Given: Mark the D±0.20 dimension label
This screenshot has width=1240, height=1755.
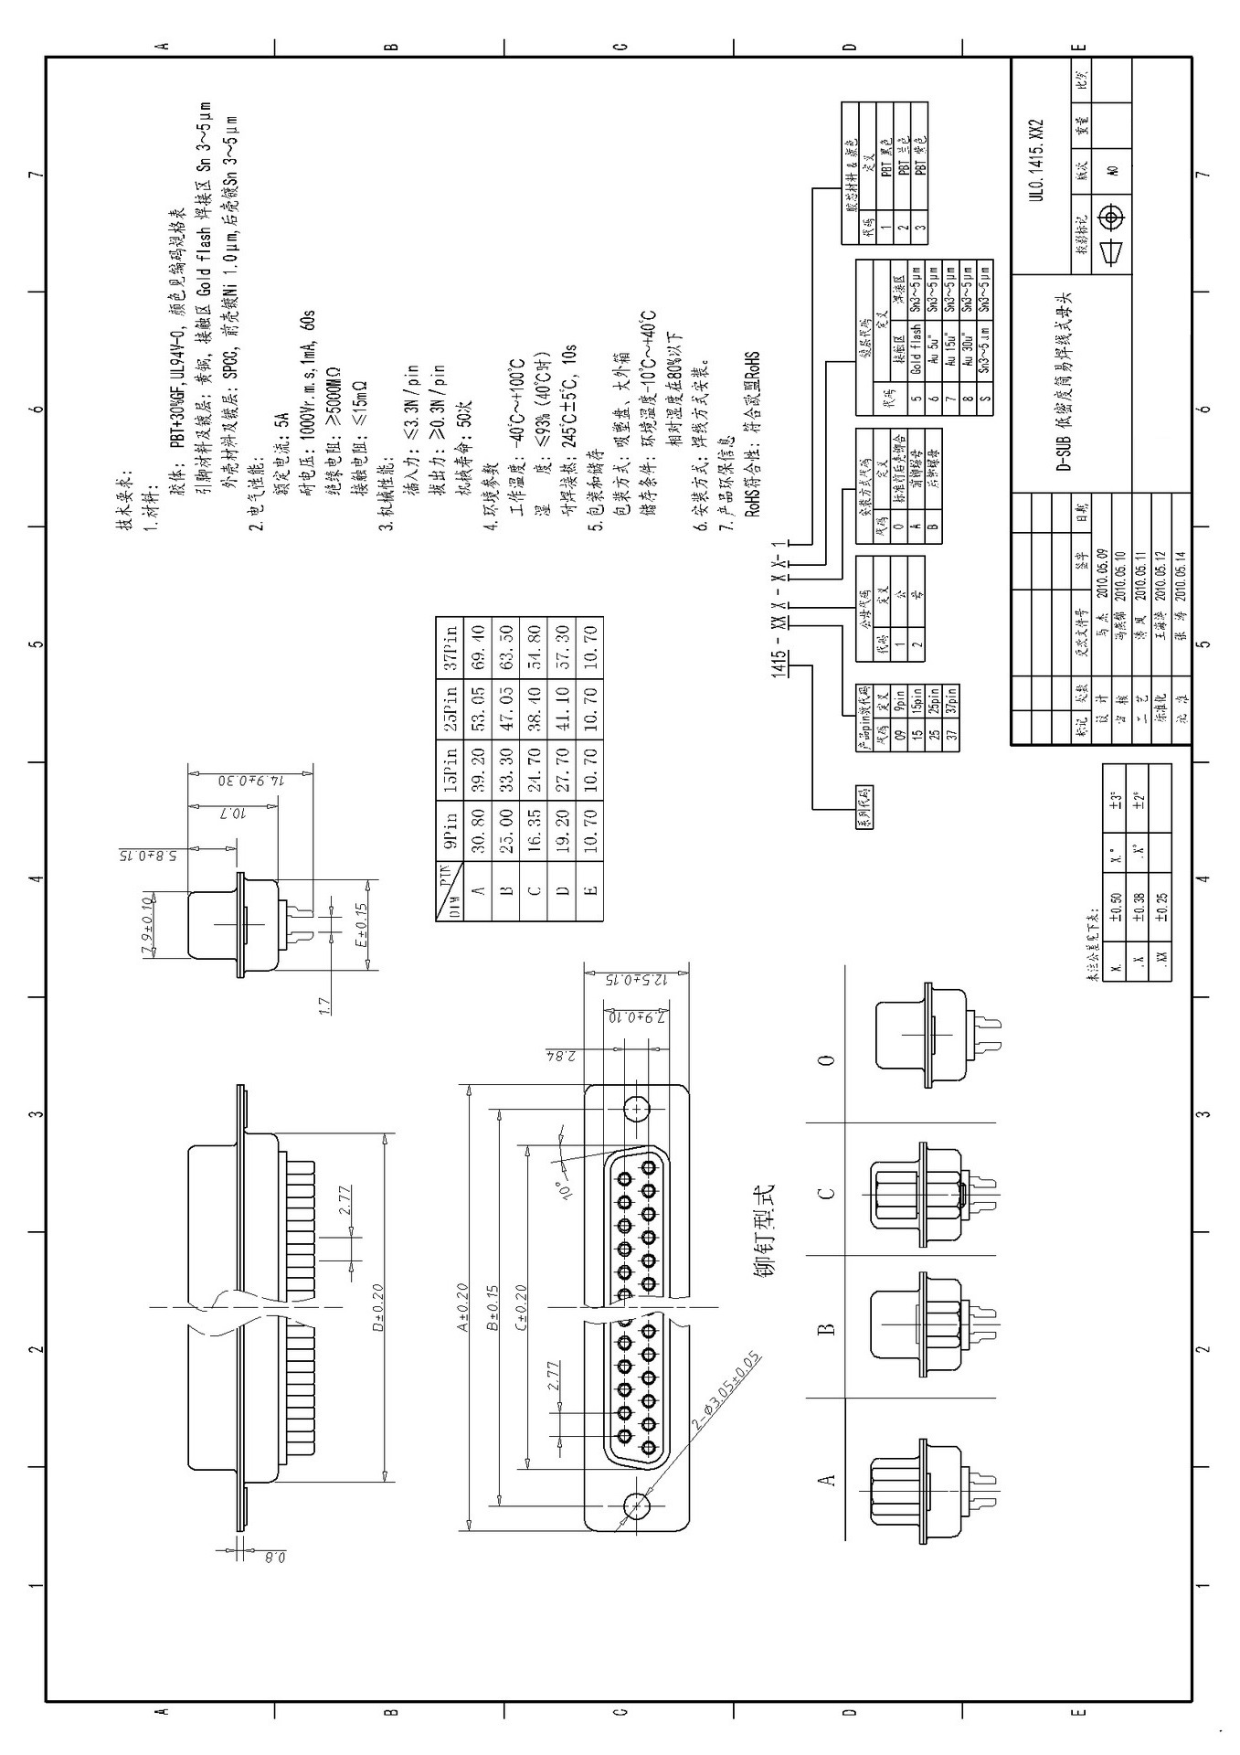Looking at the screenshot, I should click(377, 1314).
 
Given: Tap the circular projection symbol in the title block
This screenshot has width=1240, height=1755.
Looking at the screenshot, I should click(1111, 218).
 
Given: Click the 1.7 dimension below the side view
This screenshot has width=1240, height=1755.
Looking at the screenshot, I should click(323, 1005).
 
